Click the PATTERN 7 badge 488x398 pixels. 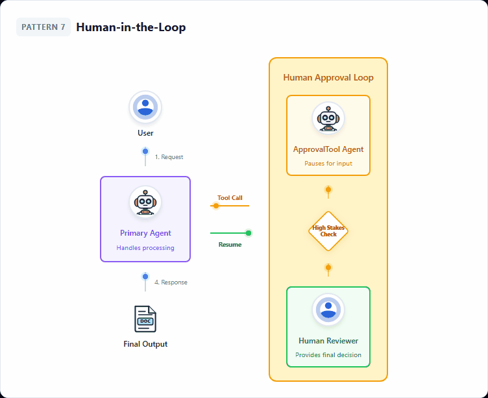pyautogui.click(x=43, y=27)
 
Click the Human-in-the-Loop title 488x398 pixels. pyautogui.click(x=130, y=27)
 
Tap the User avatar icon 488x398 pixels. pyautogui.click(x=145, y=107)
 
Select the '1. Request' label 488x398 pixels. pyautogui.click(x=169, y=156)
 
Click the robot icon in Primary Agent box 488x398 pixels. pyautogui.click(x=145, y=203)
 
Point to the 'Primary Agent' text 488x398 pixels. pyautogui.click(x=145, y=233)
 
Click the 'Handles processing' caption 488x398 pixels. pyautogui.click(x=145, y=248)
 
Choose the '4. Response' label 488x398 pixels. pyautogui.click(x=171, y=282)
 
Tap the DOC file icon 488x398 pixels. pyautogui.click(x=145, y=319)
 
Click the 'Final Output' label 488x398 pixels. pyautogui.click(x=145, y=344)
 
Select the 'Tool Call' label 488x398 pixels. pyautogui.click(x=230, y=197)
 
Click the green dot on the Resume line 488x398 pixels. pyautogui.click(x=249, y=233)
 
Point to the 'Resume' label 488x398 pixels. pyautogui.click(x=230, y=245)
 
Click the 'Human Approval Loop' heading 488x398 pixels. pyautogui.click(x=328, y=78)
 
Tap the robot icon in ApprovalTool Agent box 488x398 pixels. pyautogui.click(x=328, y=119)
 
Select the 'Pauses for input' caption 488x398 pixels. pyautogui.click(x=328, y=164)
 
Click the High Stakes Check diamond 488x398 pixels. pyautogui.click(x=328, y=231)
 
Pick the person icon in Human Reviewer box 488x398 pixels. pyautogui.click(x=328, y=310)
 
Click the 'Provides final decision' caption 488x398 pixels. pyautogui.click(x=328, y=355)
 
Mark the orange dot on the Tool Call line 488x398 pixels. pyautogui.click(x=216, y=206)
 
